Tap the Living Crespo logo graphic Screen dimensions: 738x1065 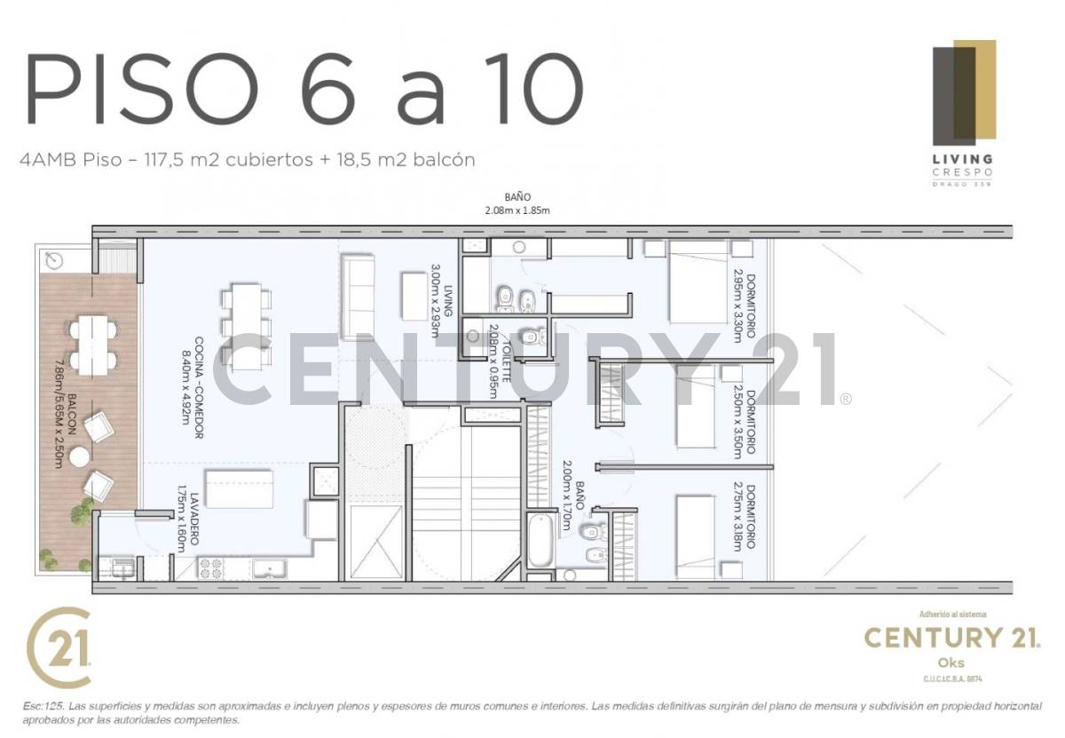point(963,93)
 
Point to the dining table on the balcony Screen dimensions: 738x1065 point(93,343)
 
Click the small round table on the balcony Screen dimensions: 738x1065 point(81,456)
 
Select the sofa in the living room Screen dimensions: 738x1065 point(358,297)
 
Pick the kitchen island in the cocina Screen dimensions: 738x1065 point(240,488)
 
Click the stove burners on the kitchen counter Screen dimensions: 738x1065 point(211,568)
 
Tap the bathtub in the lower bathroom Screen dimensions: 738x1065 point(540,540)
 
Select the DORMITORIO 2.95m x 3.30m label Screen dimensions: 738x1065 point(744,306)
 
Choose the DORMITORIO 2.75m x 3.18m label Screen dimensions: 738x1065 point(744,517)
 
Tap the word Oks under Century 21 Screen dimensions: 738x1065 point(951,663)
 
